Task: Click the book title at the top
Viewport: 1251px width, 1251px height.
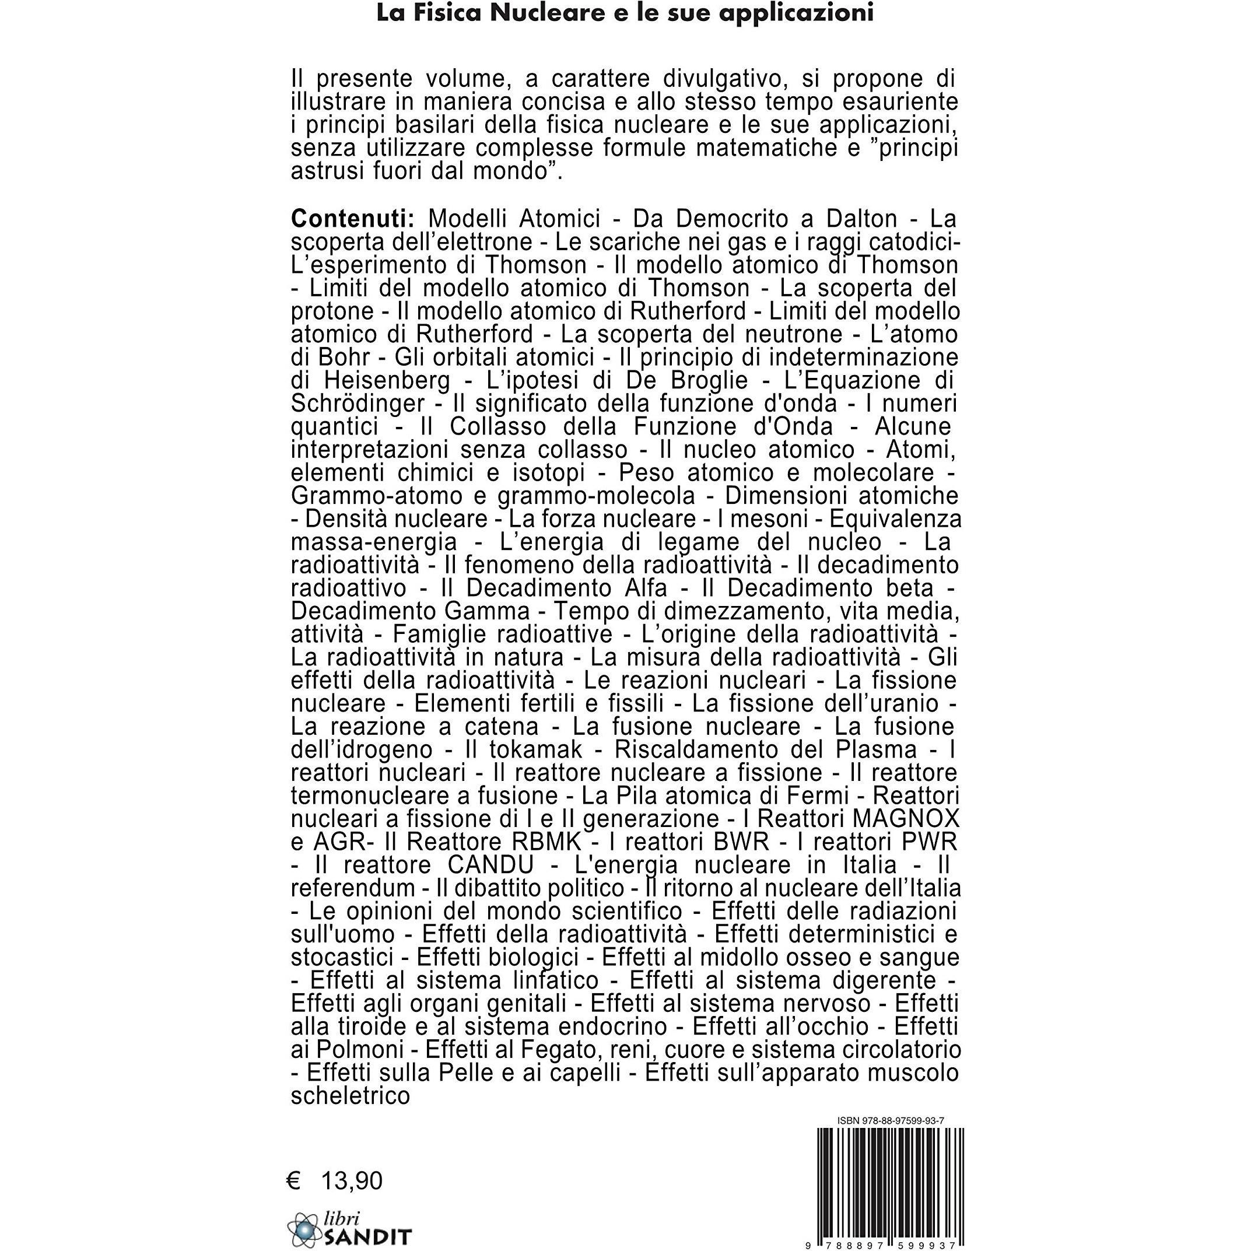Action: (625, 13)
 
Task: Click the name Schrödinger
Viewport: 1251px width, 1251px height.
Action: (358, 404)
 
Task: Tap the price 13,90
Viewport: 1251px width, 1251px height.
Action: (352, 1162)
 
